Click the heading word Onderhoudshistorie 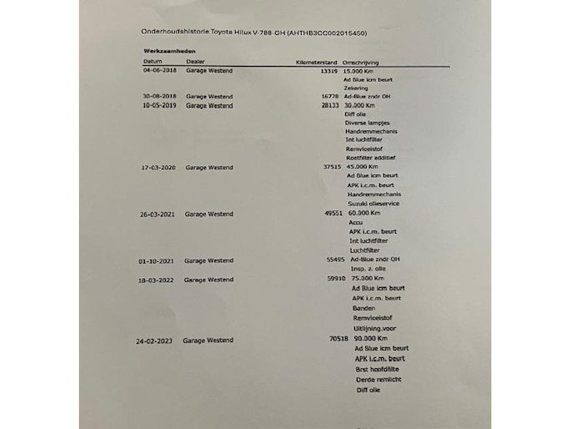click(x=173, y=33)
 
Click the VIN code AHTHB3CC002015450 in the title click(x=327, y=33)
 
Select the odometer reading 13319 click(x=328, y=71)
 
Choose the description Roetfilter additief click(x=369, y=157)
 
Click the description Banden click(x=363, y=308)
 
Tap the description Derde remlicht click(x=379, y=379)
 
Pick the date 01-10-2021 click(x=157, y=260)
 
